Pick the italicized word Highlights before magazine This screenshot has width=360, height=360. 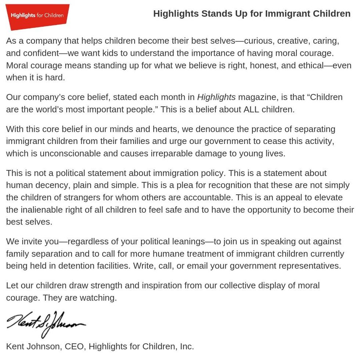pyautogui.click(x=216, y=97)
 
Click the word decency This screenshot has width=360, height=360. pyautogui.click(x=51, y=186)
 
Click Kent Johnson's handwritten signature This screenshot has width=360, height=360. pyautogui.click(x=46, y=323)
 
